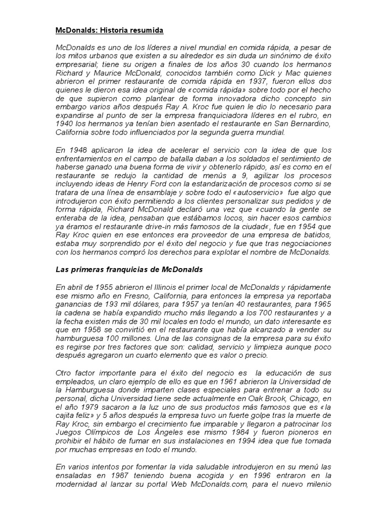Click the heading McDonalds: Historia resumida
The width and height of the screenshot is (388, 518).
pyautogui.click(x=109, y=31)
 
